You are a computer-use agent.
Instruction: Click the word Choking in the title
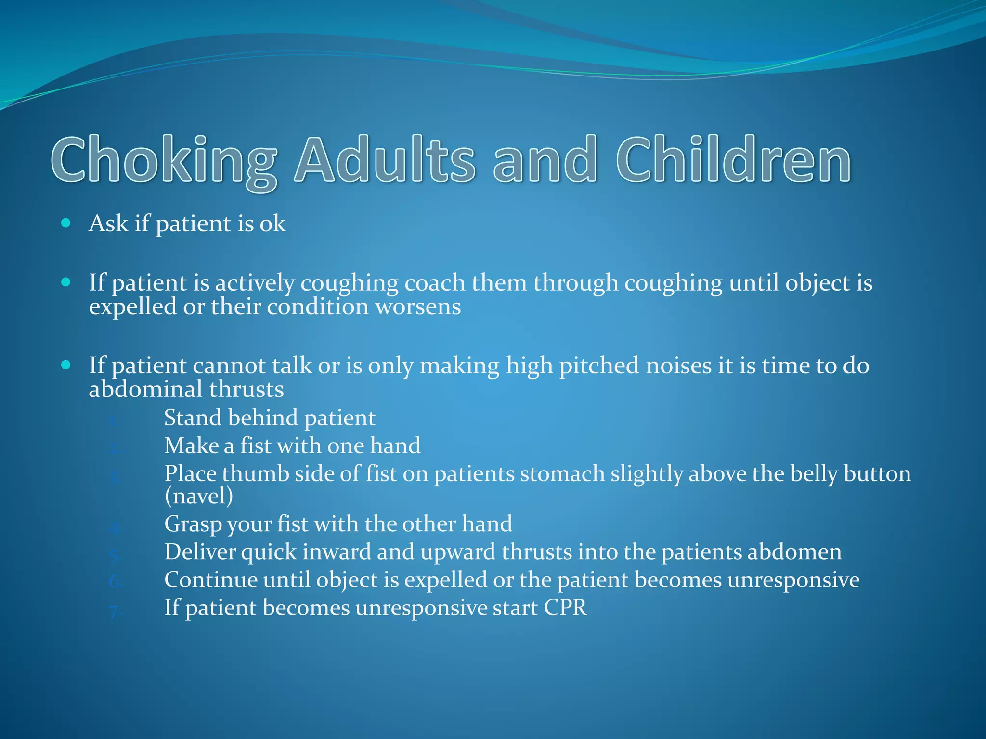164,160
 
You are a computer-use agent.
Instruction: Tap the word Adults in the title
385,160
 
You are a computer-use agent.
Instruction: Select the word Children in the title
734,160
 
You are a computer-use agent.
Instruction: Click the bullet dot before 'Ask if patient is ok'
66,223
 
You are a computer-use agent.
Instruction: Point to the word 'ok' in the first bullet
272,224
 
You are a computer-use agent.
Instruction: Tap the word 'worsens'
418,306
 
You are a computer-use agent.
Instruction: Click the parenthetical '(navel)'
198,496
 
